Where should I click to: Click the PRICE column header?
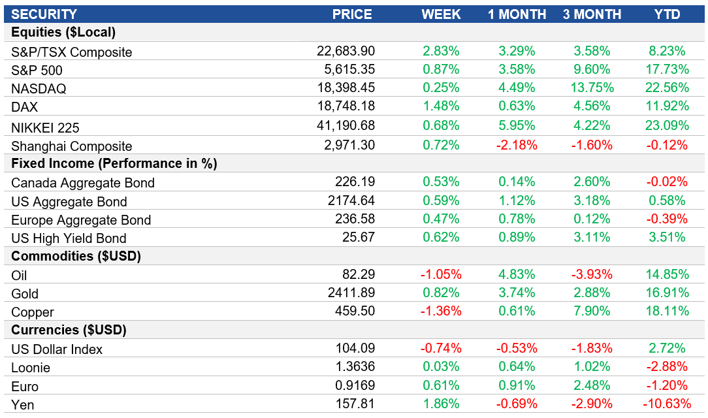pos(352,14)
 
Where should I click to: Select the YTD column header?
pos(667,14)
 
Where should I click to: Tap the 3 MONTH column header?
pos(592,14)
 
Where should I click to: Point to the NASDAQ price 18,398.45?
pos(346,88)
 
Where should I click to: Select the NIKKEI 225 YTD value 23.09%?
pos(666,125)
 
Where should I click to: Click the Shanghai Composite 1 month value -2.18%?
pos(517,144)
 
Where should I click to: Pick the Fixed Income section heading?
pos(114,163)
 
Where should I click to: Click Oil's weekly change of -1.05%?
pos(441,275)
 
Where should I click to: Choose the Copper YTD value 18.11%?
pos(666,312)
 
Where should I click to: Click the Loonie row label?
pos(31,368)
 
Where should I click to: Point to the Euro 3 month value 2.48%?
pos(592,386)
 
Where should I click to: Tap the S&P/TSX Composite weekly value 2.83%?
pos(441,51)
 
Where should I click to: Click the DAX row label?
pos(25,106)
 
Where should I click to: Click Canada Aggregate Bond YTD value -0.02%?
pos(666,182)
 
